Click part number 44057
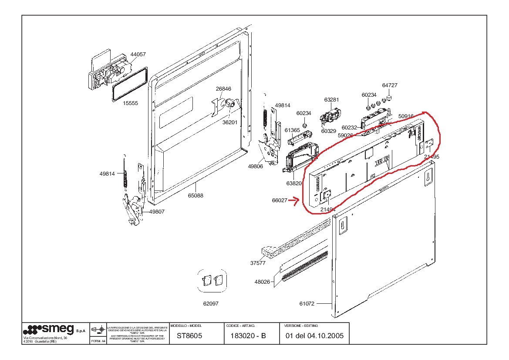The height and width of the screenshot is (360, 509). point(138,54)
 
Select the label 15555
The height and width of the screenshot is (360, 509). point(131,103)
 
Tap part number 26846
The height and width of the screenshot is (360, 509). point(223,89)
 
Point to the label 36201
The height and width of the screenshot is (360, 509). point(230,122)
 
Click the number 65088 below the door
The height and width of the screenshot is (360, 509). point(196,196)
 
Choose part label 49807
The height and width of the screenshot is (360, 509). point(157,212)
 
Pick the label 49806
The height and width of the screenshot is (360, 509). point(256,166)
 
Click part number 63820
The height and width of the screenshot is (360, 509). point(294,183)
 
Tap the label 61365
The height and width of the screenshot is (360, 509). point(293,130)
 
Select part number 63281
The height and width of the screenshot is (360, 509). point(331,100)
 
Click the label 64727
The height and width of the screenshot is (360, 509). point(390,85)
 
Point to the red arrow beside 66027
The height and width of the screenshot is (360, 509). point(295,200)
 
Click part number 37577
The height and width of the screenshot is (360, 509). point(257,263)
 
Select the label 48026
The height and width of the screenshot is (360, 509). point(262,282)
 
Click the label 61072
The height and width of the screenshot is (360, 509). point(307,304)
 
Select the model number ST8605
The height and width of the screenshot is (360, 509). point(189,336)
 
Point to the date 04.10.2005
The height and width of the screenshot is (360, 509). point(325,336)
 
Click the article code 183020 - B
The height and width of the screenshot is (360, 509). point(248,336)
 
